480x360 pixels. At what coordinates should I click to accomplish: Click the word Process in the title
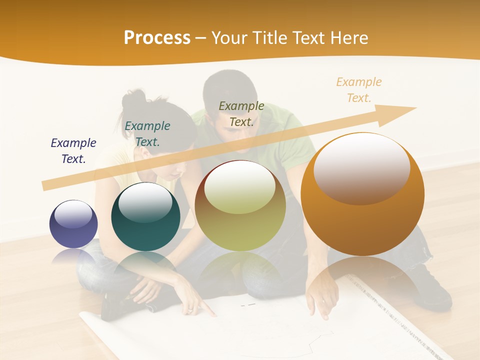point(157,38)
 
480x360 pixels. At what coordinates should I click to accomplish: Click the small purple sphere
point(73,224)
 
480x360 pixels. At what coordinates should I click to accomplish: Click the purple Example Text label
point(73,150)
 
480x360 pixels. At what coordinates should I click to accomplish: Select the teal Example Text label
point(147,133)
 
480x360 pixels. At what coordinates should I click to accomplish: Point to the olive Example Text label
point(241,113)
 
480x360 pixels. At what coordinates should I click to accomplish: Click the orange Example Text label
point(358,89)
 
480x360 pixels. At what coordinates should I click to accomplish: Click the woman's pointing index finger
point(212,313)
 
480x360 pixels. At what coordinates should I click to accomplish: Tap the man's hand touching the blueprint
point(320,302)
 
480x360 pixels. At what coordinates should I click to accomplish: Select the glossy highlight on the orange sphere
point(361,168)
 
